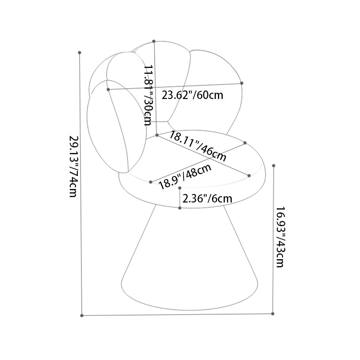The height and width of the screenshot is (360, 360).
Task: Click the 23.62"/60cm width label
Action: tap(193, 95)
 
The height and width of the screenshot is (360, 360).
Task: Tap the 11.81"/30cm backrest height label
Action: tap(148, 95)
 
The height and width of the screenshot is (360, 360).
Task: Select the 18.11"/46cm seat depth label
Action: tap(198, 146)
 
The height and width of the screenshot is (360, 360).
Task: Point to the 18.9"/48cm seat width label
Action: tap(185, 176)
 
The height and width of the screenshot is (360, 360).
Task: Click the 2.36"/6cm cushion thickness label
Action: tap(207, 198)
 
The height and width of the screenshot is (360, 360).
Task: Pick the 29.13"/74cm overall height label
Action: tap(74, 166)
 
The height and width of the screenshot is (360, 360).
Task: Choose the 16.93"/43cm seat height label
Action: tap(280, 237)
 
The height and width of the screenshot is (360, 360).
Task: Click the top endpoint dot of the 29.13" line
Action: tap(80, 53)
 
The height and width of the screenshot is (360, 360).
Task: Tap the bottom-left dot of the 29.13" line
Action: tap(82, 315)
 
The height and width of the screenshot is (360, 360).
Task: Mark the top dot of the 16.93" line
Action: tap(274, 166)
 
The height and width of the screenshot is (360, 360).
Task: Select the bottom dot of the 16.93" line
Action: tap(273, 313)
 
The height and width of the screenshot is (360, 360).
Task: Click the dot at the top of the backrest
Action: tap(154, 41)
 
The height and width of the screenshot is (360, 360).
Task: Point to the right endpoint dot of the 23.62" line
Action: tap(242, 83)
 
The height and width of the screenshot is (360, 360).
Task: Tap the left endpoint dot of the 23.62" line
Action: tap(108, 89)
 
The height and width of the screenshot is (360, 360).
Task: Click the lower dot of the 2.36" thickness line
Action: tap(180, 208)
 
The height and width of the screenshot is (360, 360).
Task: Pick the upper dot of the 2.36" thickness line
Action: tap(180, 188)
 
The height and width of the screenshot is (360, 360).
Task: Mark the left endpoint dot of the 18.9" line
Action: tap(151, 182)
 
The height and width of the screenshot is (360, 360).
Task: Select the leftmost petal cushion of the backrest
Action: tap(117, 126)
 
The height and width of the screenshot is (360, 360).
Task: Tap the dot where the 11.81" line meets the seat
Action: tap(157, 135)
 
